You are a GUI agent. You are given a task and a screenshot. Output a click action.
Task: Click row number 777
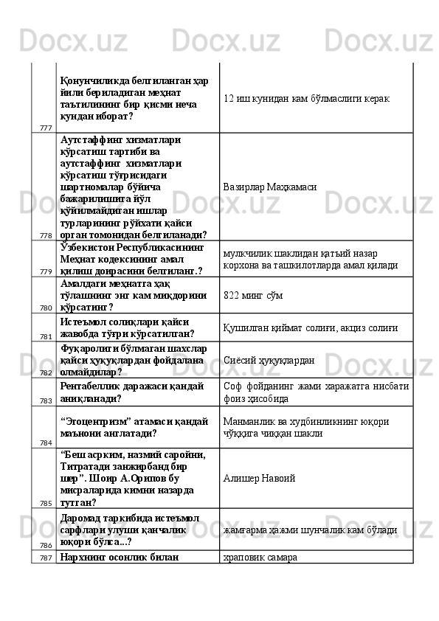click(46, 128)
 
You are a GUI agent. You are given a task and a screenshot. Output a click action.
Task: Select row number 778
click(46, 235)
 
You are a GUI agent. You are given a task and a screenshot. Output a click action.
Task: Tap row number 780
click(46, 308)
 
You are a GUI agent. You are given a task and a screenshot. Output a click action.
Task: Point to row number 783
click(46, 400)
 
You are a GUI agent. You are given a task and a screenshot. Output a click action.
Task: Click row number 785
click(46, 503)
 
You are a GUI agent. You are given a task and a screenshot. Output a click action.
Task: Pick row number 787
click(46, 558)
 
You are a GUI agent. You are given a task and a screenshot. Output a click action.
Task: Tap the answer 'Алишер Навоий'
click(259, 478)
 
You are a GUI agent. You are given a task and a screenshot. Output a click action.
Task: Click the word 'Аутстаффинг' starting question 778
click(92, 139)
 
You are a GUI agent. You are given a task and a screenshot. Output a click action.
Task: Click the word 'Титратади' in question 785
click(86, 467)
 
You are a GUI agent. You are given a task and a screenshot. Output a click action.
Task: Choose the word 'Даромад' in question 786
click(83, 518)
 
